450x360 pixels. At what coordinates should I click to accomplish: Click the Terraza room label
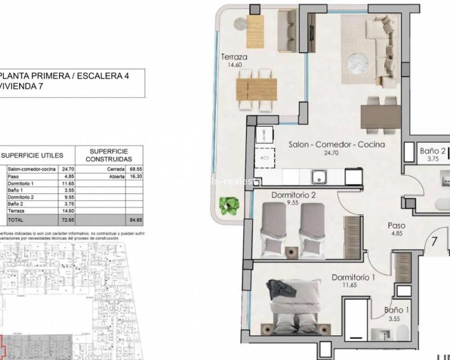click(x=235, y=57)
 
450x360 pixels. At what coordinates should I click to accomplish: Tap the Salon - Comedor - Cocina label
click(x=336, y=145)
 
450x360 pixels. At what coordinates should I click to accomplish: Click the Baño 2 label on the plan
click(x=433, y=151)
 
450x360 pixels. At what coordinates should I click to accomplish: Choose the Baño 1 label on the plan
click(x=398, y=310)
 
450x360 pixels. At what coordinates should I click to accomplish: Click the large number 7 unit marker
click(x=435, y=244)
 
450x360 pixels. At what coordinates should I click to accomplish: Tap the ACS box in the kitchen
click(x=264, y=158)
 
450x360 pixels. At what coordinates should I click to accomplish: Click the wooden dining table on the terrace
click(x=256, y=87)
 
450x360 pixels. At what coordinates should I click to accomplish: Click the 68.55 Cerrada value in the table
click(x=133, y=168)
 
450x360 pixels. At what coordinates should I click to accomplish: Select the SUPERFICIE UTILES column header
click(x=39, y=155)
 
